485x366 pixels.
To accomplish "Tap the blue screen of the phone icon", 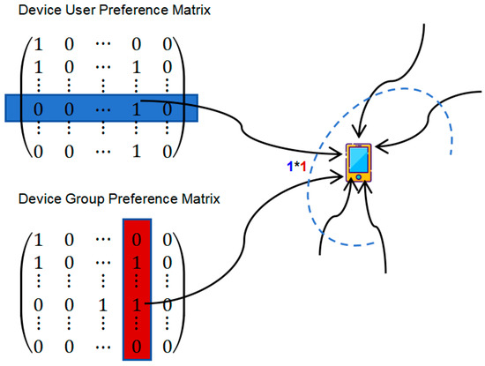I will tap(359, 160).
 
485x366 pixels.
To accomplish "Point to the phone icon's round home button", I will tap(359, 177).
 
